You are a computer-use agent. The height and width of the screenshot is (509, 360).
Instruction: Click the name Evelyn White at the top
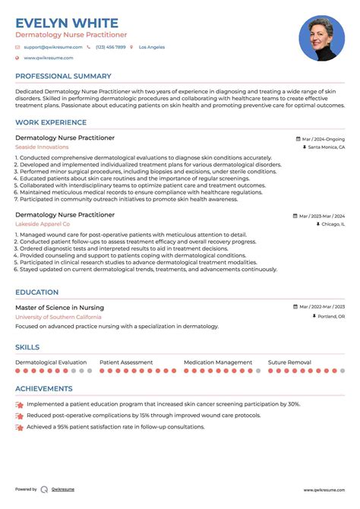67,23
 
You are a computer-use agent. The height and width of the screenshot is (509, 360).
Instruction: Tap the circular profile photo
322,39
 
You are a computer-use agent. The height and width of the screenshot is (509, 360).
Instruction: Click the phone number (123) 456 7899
110,47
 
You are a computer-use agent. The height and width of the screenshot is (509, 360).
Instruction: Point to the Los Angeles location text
151,47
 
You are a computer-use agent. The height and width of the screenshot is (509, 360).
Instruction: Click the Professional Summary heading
63,77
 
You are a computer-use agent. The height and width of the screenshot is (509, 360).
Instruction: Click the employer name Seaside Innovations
42,147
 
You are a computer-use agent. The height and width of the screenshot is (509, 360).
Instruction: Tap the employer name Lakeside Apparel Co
43,225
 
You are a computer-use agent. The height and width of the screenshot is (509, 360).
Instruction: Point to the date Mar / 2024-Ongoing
323,139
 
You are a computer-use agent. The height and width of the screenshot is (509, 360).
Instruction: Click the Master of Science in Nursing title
60,308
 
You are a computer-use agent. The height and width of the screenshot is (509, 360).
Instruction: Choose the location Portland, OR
330,316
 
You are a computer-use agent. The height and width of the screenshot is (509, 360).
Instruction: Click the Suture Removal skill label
289,362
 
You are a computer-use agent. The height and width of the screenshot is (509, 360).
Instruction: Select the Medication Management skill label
218,362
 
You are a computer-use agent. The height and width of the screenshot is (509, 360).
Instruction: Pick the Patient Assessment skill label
126,362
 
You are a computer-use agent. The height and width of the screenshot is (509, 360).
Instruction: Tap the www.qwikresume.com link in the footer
324,490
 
